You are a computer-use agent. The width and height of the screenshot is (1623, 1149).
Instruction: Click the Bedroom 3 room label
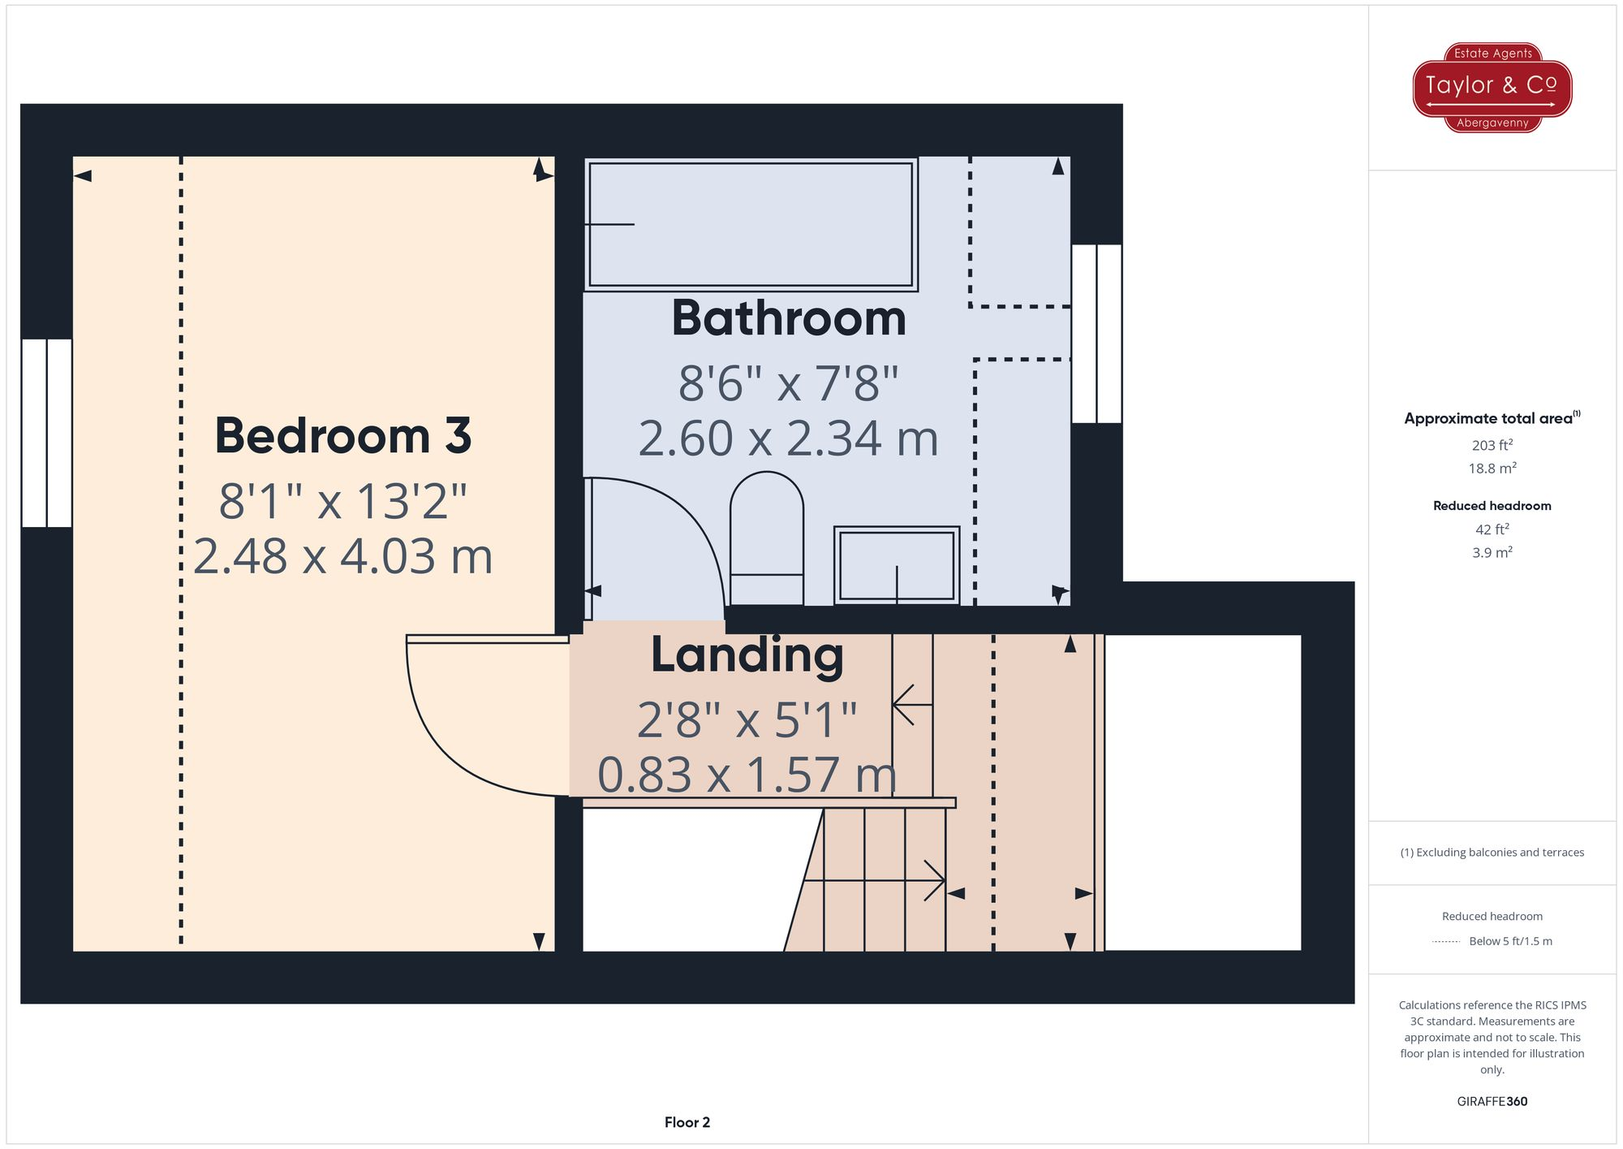pyautogui.click(x=342, y=436)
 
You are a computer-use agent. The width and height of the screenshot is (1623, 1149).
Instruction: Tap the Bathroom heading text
pyautogui.click(x=788, y=318)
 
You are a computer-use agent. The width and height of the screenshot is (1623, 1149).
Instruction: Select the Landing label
pyautogui.click(x=747, y=655)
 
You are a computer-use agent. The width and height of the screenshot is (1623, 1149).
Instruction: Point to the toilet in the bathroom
pyautogui.click(x=766, y=538)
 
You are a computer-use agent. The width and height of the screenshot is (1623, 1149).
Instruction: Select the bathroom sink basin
pyautogui.click(x=896, y=565)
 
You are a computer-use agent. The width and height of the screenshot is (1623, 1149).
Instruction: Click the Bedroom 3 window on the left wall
pyautogui.click(x=47, y=433)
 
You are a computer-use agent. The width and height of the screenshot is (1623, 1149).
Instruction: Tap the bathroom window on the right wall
pyautogui.click(x=1096, y=334)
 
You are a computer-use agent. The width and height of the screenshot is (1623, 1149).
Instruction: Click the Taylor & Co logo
pyautogui.click(x=1492, y=87)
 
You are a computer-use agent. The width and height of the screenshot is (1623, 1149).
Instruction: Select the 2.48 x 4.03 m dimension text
pyautogui.click(x=342, y=557)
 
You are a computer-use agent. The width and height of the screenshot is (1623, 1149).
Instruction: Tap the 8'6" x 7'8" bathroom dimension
pyautogui.click(x=788, y=384)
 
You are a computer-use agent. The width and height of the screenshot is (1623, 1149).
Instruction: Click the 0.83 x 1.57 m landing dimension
pyautogui.click(x=747, y=775)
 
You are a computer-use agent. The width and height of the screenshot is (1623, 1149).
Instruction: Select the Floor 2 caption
pyautogui.click(x=687, y=1122)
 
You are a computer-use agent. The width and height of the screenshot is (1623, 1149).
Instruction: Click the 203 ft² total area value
pyautogui.click(x=1492, y=445)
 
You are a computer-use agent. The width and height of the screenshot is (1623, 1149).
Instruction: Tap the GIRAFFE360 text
pyautogui.click(x=1492, y=1102)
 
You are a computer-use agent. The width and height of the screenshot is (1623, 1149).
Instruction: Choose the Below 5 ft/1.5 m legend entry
pyautogui.click(x=1509, y=941)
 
